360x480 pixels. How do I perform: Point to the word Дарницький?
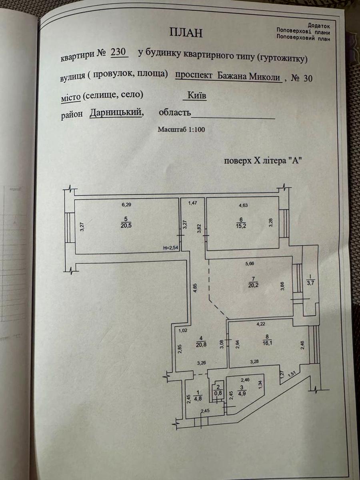point(116,113)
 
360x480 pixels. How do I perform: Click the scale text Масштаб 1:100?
point(181,130)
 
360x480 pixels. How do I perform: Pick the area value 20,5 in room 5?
point(127,225)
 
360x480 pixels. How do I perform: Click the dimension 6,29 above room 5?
point(126,205)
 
